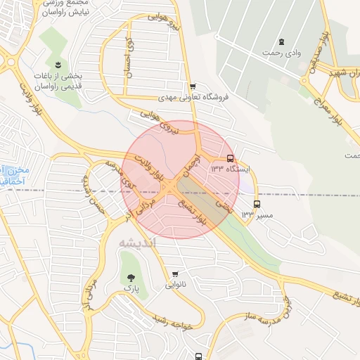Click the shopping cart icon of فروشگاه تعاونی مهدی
[193, 87]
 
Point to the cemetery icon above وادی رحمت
[281, 42]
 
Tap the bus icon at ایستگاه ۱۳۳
[231, 159]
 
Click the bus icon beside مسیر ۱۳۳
[256, 205]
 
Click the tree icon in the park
[129, 277]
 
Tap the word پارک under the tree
[129, 288]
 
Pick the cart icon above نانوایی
[175, 274]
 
